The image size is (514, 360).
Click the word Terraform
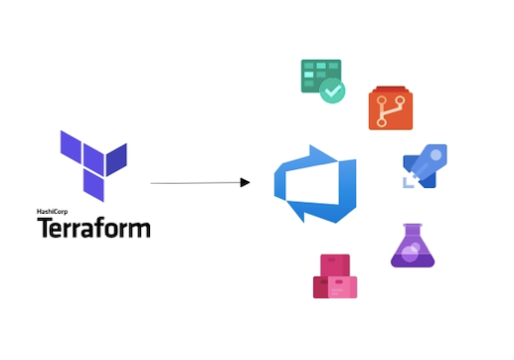point(94,229)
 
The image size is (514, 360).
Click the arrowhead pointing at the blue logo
point(244,182)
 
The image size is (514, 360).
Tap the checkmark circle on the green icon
point(332,91)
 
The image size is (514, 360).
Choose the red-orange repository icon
point(391,107)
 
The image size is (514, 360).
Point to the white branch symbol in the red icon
point(391,109)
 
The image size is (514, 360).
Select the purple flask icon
point(413,247)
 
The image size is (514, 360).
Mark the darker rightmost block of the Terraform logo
point(117,158)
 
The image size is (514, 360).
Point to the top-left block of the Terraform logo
point(71,145)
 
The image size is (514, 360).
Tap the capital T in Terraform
point(45,229)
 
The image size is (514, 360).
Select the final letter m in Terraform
point(140,230)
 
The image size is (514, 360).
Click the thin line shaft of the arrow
point(194,183)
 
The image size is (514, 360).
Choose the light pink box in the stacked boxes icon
point(344,285)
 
